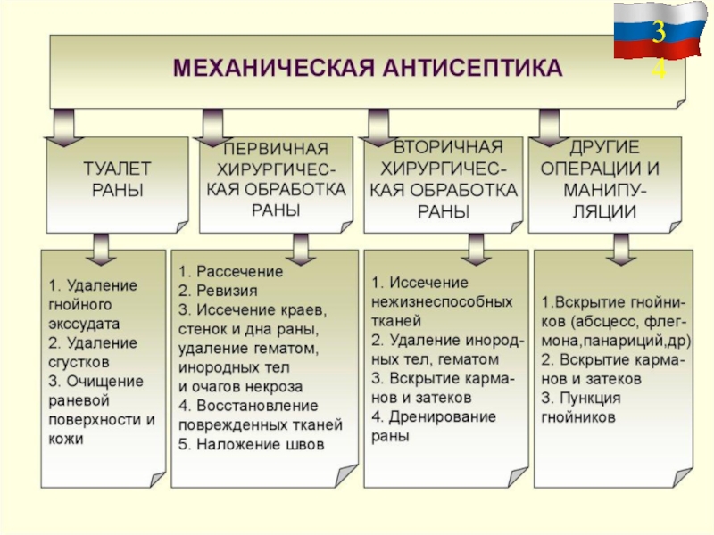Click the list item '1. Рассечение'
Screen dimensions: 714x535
[230, 270]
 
